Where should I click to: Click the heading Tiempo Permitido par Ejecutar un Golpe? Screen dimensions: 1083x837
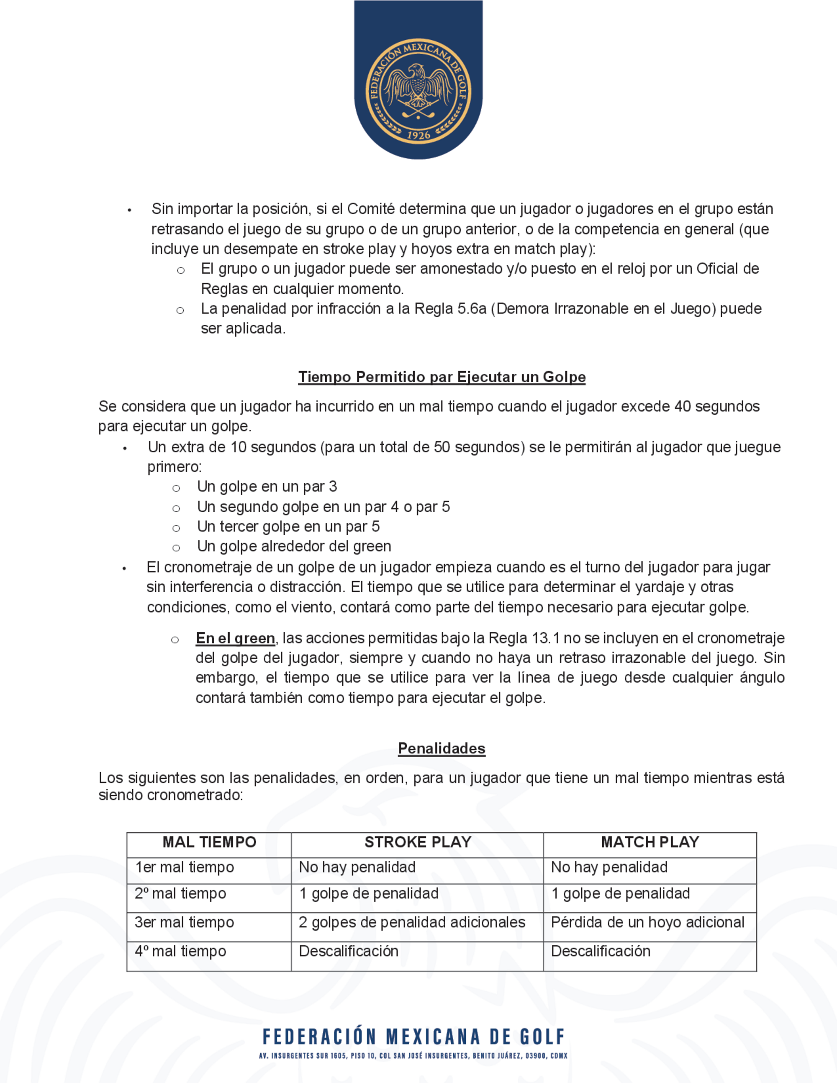tap(442, 377)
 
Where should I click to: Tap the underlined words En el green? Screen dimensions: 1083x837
tap(235, 638)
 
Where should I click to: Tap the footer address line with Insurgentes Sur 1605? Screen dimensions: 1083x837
tap(413, 1056)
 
